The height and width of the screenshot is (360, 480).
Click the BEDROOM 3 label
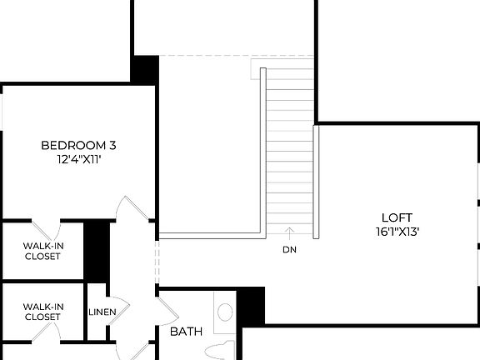tap(78, 146)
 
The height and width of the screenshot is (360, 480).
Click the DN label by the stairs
tap(289, 249)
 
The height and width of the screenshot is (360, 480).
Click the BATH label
tap(186, 332)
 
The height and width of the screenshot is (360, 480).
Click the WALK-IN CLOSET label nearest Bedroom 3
tap(42, 251)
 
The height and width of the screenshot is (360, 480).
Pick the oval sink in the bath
tap(225, 313)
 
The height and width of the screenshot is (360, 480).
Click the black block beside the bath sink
tap(251, 306)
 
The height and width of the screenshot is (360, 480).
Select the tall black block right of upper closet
tap(97, 249)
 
